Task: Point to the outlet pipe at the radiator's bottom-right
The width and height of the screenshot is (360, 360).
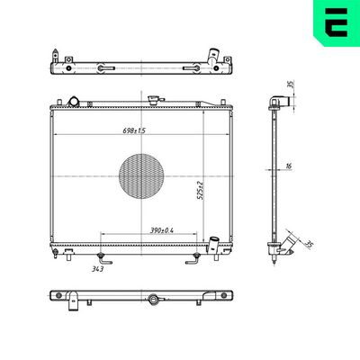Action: coord(215,243)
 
